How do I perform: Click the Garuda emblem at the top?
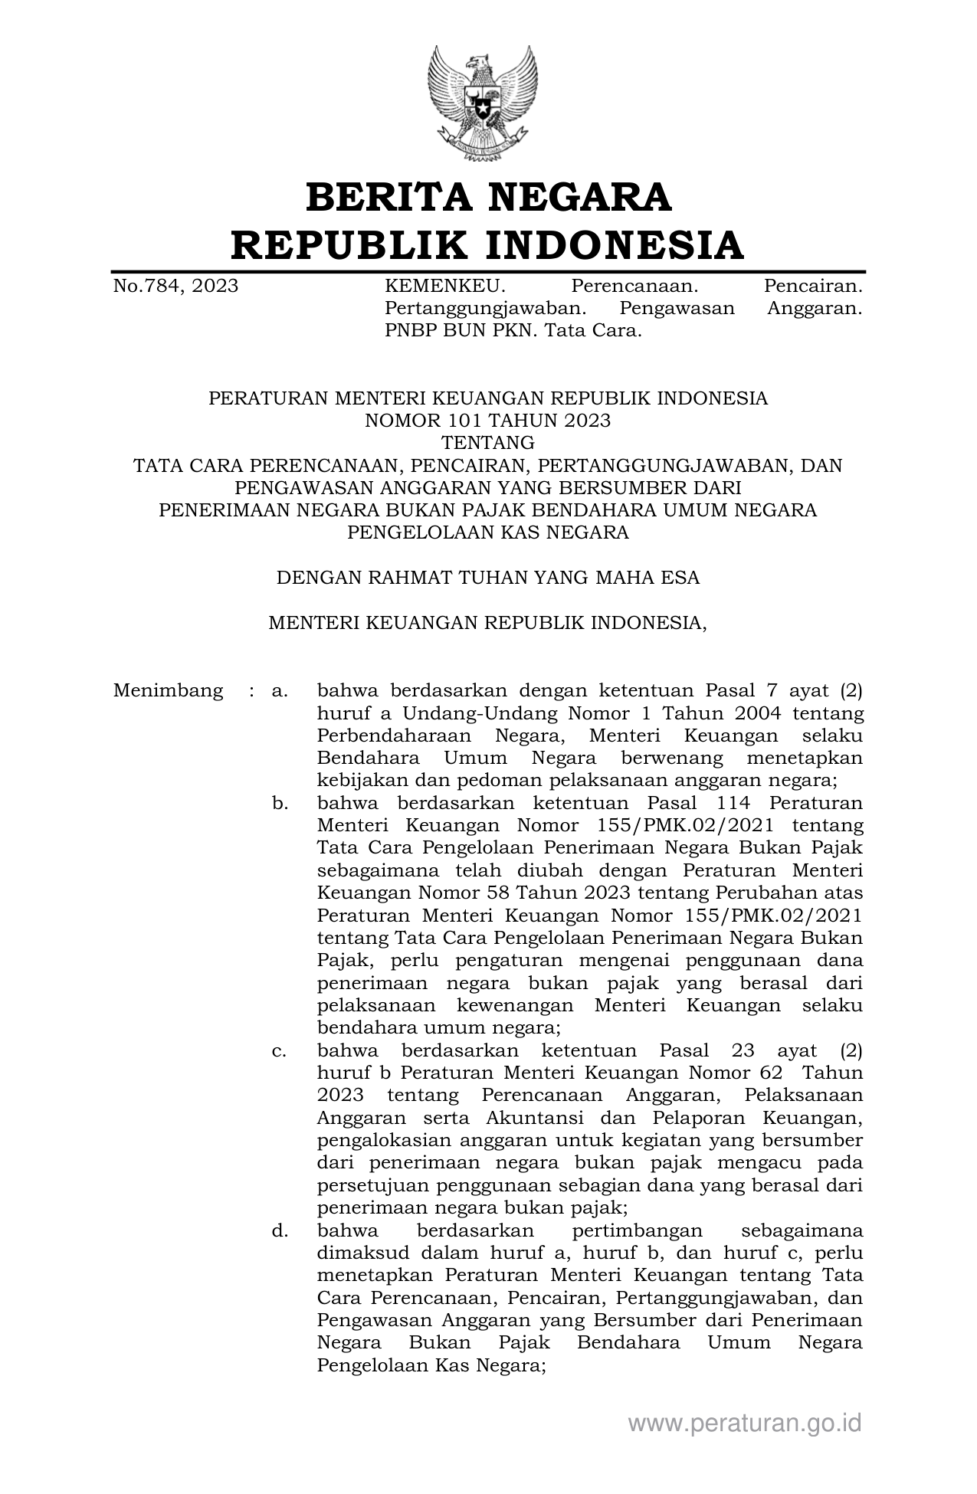484,103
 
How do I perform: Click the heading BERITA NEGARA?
488,197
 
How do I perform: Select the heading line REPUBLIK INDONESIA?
488,245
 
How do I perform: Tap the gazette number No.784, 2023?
175,287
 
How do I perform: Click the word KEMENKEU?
444,287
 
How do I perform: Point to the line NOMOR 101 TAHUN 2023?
488,421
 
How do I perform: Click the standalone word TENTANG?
488,443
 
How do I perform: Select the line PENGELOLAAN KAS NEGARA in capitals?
488,532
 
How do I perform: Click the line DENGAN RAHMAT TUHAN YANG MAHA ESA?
488,577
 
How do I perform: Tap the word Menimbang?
168,691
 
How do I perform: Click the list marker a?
279,691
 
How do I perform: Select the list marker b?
279,804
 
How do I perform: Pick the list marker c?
279,1051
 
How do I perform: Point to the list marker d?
279,1231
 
